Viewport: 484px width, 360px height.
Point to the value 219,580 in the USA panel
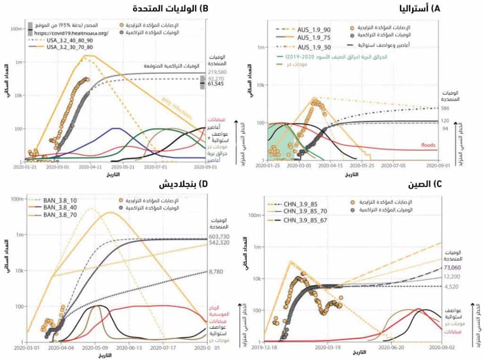[218, 72]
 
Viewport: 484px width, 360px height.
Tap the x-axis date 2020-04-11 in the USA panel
[88, 167]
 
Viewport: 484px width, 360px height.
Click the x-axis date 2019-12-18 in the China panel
[265, 347]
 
